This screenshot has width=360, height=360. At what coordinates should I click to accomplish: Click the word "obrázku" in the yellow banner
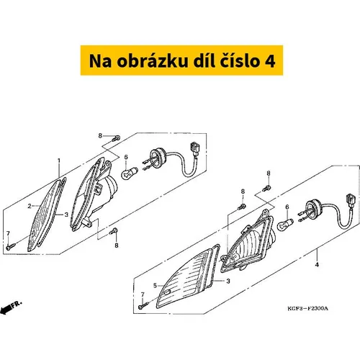(153, 61)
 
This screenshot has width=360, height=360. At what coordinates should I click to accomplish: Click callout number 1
(59, 161)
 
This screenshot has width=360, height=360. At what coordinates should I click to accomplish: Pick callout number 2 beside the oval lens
(30, 206)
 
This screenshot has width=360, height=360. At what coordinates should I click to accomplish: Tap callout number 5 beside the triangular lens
(155, 285)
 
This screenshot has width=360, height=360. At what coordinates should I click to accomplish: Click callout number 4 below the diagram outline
(317, 265)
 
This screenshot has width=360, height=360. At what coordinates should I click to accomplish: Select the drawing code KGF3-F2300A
(307, 308)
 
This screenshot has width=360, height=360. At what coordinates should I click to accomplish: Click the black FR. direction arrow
(9, 307)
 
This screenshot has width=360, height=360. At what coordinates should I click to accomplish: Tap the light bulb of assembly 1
(129, 174)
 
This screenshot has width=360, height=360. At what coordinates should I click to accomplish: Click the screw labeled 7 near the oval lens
(11, 246)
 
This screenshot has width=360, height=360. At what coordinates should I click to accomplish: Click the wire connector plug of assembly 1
(194, 149)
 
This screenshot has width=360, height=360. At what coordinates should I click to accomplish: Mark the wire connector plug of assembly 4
(350, 199)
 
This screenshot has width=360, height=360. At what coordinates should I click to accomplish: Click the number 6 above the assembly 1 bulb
(126, 158)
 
